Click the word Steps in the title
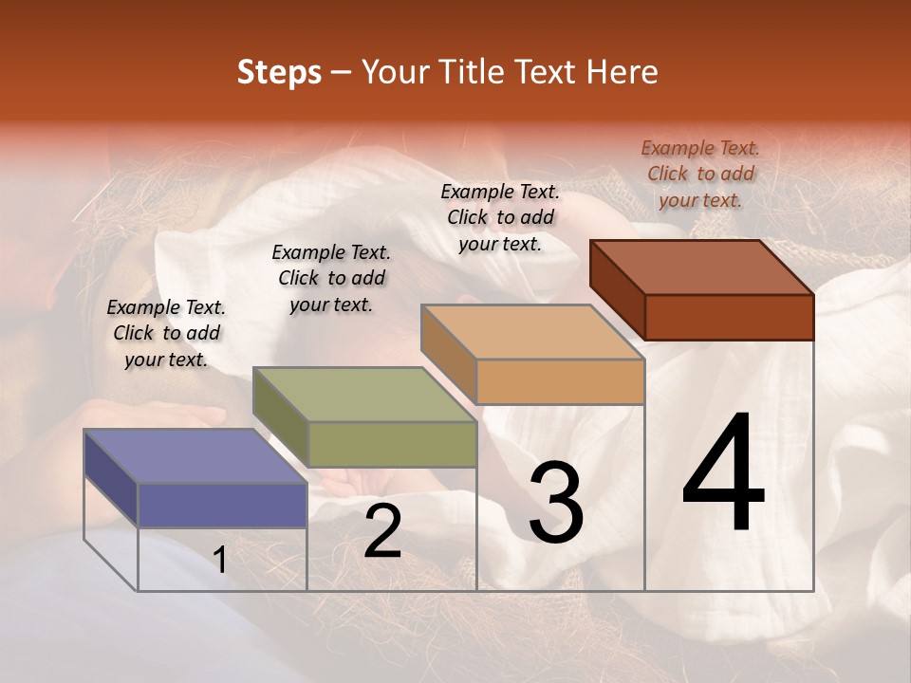pyautogui.click(x=279, y=72)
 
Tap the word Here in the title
pyautogui.click(x=622, y=72)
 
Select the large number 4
pyautogui.click(x=723, y=474)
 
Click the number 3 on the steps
pyautogui.click(x=556, y=504)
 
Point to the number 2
pyautogui.click(x=382, y=531)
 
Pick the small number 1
pyautogui.click(x=220, y=561)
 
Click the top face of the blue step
pyautogui.click(x=195, y=456)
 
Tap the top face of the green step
pyautogui.click(x=363, y=394)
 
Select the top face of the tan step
pyautogui.click(x=532, y=331)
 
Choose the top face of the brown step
pyautogui.click(x=701, y=267)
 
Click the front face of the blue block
pyautogui.click(x=222, y=505)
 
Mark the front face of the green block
pyautogui.click(x=392, y=444)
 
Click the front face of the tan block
pyautogui.click(x=560, y=381)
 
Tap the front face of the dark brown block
pyautogui.click(x=729, y=317)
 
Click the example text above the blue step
pyautogui.click(x=166, y=333)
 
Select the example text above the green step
pyautogui.click(x=331, y=278)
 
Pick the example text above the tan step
pyautogui.click(x=500, y=217)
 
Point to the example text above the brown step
pyautogui.click(x=700, y=174)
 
